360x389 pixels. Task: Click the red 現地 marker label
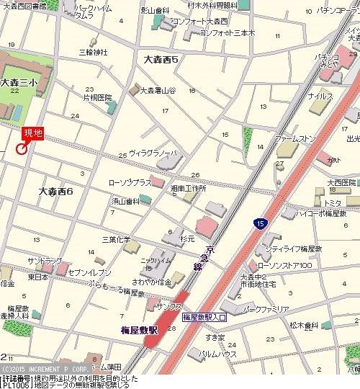pos(33,134)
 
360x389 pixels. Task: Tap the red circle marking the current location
pos(21,148)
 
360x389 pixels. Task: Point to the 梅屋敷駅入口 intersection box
pos(204,316)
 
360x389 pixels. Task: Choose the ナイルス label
pos(320,95)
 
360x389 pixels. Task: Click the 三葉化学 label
pos(116,238)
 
